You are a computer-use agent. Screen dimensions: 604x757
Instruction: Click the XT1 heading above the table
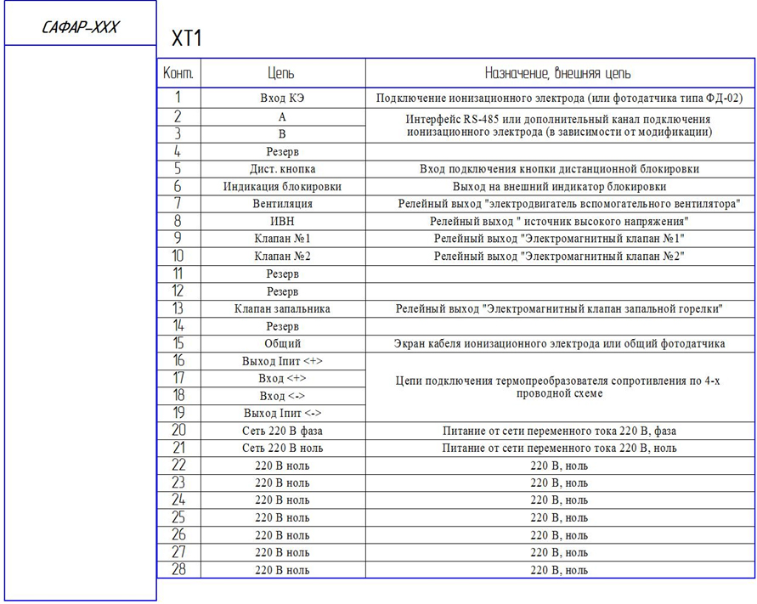coord(187,39)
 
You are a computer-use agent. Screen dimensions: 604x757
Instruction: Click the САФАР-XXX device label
coord(80,28)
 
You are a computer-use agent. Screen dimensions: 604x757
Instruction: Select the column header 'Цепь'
coord(282,74)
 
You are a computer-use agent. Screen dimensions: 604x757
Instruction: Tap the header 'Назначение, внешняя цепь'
coord(558,74)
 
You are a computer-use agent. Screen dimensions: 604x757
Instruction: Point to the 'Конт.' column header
coord(178,74)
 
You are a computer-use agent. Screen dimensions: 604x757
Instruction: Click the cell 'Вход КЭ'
coord(282,99)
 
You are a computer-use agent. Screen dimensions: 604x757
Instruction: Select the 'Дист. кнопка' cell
coord(282,169)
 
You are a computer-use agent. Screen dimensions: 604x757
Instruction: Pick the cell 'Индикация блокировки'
coord(282,187)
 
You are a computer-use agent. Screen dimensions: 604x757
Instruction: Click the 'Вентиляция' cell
coord(282,204)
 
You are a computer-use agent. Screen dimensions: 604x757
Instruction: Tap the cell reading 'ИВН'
coord(282,222)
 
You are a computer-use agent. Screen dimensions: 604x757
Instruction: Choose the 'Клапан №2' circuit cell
coord(282,257)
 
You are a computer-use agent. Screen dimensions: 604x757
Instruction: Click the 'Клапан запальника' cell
coord(282,309)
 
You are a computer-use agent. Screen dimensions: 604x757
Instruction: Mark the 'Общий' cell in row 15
coord(282,344)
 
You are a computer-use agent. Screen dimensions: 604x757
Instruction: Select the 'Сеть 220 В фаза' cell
coord(282,432)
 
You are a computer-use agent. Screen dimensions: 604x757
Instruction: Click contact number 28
coord(178,570)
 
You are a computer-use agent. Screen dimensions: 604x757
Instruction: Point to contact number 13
coord(178,309)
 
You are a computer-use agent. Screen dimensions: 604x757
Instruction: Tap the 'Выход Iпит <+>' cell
coord(282,362)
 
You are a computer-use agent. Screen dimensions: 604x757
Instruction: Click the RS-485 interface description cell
coord(558,126)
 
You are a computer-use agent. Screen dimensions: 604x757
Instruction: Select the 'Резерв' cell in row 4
coord(282,151)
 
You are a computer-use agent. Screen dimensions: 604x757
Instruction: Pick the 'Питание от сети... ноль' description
coord(558,449)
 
